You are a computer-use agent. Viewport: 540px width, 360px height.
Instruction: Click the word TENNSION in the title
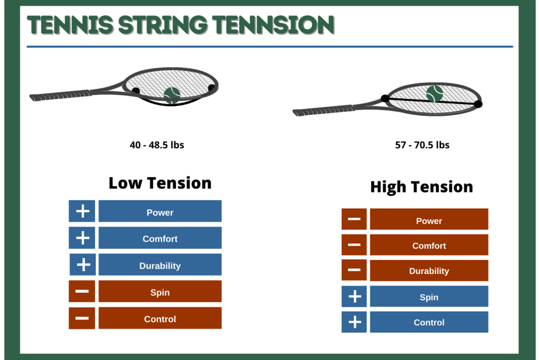[x=274, y=25]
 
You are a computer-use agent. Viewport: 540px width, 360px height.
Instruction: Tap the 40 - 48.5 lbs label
[x=157, y=145]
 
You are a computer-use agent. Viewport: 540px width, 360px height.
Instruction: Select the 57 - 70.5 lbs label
[x=422, y=145]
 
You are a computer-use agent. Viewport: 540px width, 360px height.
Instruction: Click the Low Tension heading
[x=160, y=183]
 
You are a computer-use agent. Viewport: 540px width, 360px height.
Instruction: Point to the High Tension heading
[x=421, y=187]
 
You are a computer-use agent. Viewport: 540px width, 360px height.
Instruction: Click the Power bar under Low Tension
[x=160, y=211]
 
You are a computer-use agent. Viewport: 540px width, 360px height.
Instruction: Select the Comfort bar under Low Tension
[x=160, y=238]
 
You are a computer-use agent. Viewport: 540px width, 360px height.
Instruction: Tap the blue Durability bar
[x=160, y=265]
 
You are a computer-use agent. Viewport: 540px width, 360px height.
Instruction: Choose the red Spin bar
[x=160, y=291]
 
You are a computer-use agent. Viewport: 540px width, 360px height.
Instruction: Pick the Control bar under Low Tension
[x=160, y=318]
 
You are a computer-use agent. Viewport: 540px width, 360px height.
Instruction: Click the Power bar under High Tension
[x=429, y=219]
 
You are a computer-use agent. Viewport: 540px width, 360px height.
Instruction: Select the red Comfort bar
[x=429, y=245]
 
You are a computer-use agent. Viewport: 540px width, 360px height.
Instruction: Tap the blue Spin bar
[x=429, y=296]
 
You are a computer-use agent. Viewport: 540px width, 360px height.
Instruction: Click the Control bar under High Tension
[x=429, y=322]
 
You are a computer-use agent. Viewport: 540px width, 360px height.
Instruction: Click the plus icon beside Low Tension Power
[x=82, y=211]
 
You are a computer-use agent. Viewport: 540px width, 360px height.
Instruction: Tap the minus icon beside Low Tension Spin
[x=82, y=291]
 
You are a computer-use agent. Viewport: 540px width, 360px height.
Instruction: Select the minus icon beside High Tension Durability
[x=354, y=270]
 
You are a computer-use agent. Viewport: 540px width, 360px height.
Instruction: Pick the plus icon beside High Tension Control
[x=354, y=322]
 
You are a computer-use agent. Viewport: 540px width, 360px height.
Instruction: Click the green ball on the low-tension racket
[x=172, y=95]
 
